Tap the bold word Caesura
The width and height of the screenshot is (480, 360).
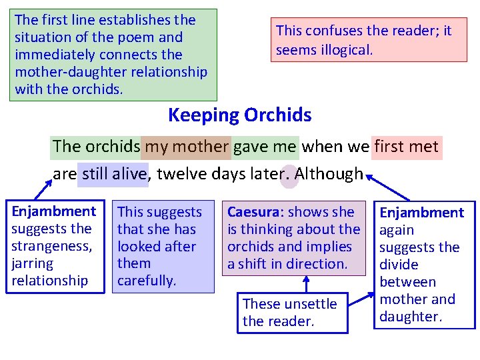[253, 212]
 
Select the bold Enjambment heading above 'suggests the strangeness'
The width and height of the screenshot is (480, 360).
[54, 211]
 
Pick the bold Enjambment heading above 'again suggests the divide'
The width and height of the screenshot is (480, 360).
[421, 213]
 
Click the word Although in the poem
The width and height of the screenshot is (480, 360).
[329, 174]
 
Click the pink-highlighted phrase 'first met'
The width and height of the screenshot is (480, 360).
[407, 146]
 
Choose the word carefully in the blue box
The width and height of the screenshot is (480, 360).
[147, 281]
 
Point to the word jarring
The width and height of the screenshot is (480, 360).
[31, 263]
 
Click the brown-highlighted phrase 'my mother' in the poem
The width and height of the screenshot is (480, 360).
[186, 146]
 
